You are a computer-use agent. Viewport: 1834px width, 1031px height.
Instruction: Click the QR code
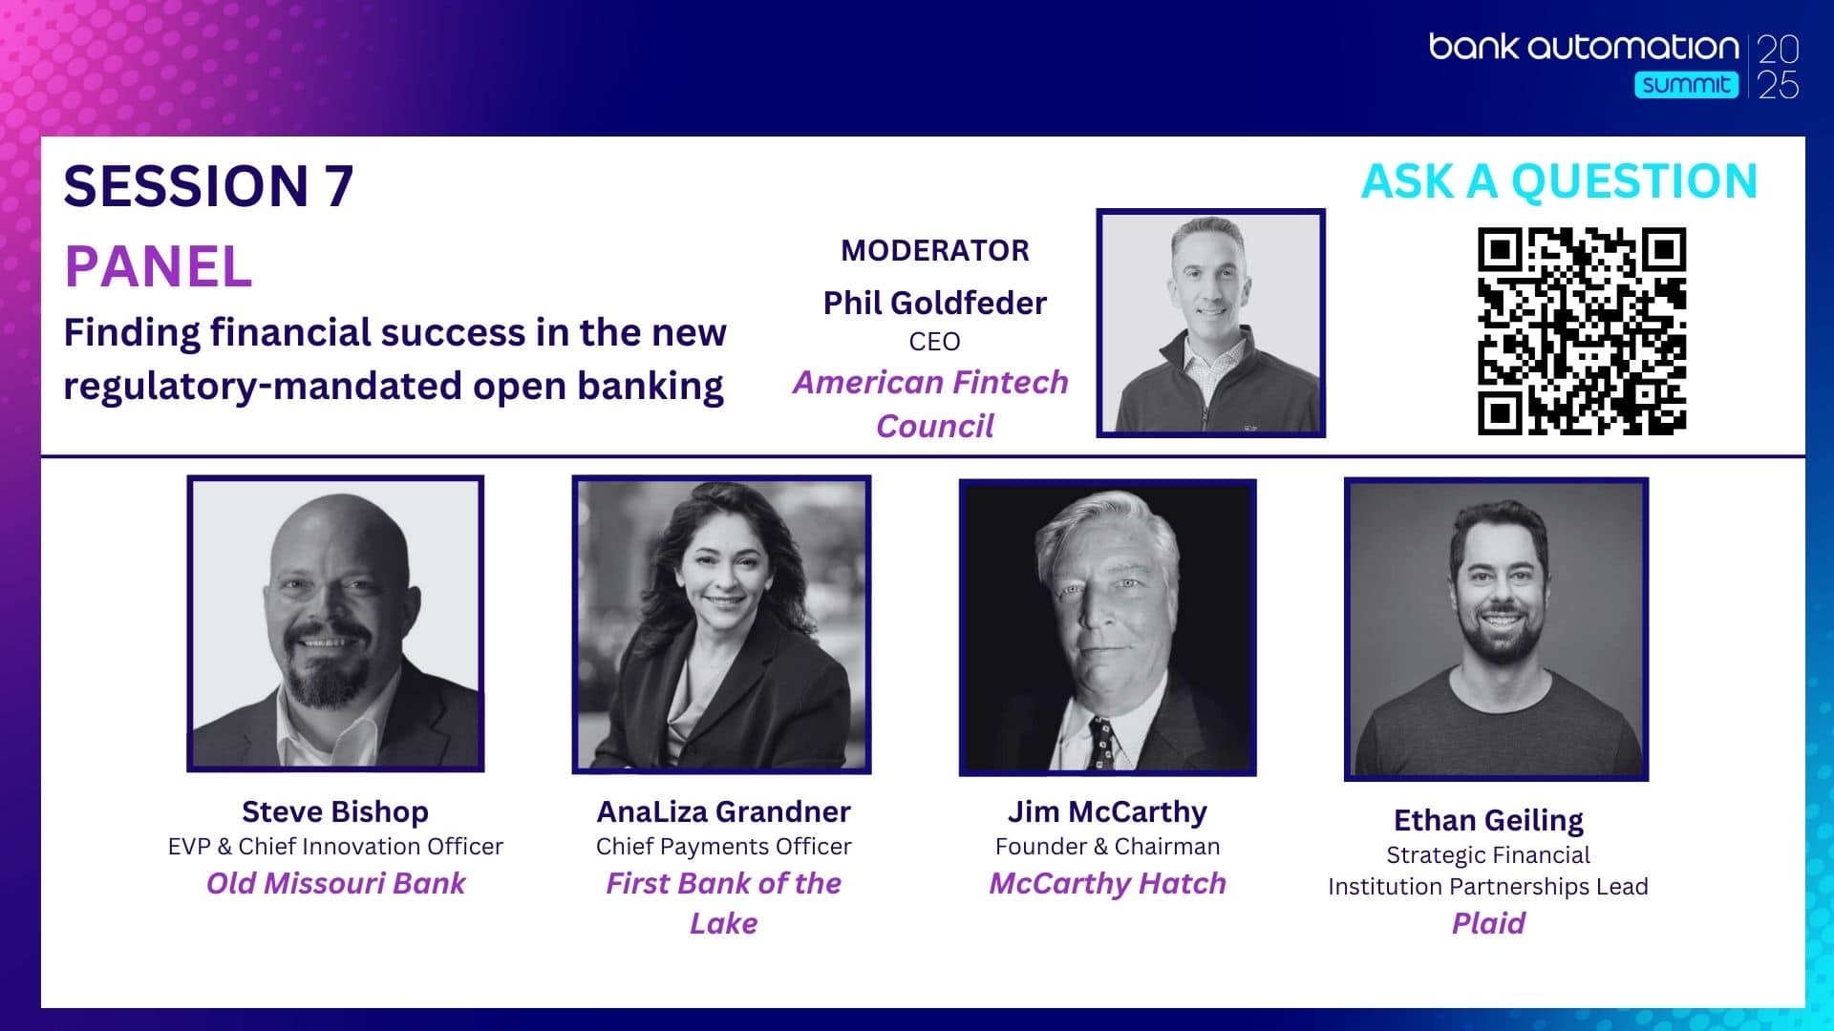1582,331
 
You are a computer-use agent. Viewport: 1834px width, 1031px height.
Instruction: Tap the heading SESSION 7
208,185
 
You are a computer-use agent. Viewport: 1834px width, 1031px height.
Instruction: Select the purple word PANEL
159,266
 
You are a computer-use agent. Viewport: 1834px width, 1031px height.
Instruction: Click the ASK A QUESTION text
1559,181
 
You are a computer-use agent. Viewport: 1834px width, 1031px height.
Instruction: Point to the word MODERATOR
935,250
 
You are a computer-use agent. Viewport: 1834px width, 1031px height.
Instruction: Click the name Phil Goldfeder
935,303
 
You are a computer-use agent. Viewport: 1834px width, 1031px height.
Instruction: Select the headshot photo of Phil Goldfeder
1210,323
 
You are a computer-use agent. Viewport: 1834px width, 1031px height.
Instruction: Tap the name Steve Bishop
335,811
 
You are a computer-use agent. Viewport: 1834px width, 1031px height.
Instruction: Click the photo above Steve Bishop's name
335,623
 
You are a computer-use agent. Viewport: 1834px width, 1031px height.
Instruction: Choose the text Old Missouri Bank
335,883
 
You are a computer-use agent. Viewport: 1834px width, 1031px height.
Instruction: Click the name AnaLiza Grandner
723,811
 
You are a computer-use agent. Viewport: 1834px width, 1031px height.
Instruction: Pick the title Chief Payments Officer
723,847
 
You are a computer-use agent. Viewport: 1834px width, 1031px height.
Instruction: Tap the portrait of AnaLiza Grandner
721,624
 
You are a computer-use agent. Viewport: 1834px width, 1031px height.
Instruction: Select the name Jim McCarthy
1107,811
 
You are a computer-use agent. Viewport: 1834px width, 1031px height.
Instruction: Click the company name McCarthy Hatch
1107,883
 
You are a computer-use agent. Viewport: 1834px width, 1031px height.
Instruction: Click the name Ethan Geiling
1488,820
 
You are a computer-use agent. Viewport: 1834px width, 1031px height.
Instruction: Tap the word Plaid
1488,923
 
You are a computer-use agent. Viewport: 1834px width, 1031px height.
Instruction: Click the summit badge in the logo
1686,84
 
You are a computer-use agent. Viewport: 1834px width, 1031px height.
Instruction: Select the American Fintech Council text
931,404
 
